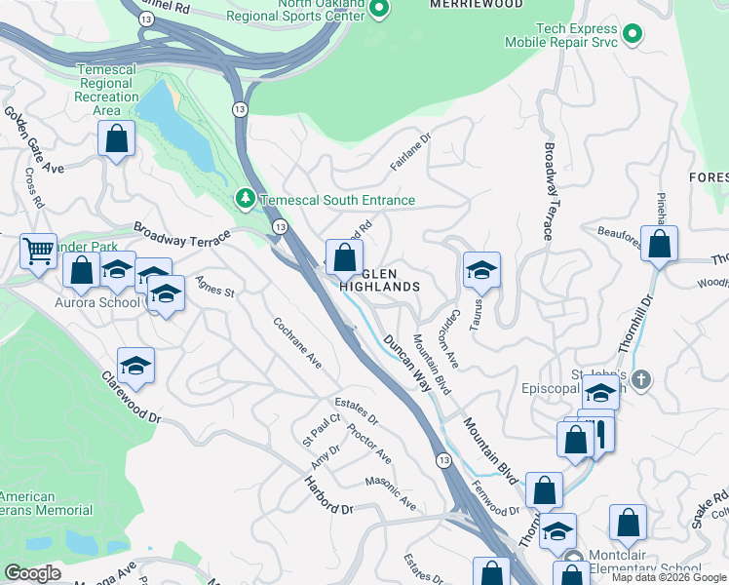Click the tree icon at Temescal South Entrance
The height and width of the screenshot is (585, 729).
click(246, 200)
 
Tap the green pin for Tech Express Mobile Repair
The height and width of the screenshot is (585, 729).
click(633, 35)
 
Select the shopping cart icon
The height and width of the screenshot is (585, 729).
click(38, 252)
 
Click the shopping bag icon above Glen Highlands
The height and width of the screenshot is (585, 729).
click(343, 258)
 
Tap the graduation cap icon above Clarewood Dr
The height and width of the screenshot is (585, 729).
click(135, 366)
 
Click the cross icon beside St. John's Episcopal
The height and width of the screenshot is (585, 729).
click(640, 377)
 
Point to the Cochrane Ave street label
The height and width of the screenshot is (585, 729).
click(298, 342)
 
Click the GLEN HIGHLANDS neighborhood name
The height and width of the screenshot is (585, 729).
click(380, 280)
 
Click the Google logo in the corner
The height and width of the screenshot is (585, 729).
click(32, 573)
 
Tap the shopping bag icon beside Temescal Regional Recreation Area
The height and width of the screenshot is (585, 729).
click(116, 139)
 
